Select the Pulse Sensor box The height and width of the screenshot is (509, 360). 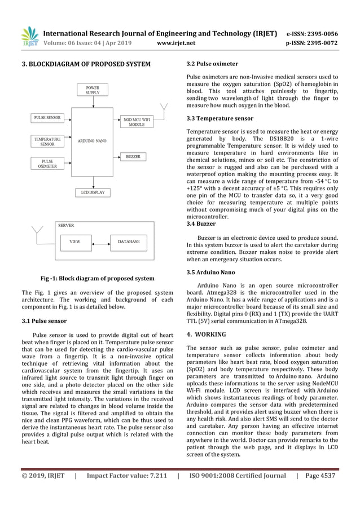(x=47, y=119)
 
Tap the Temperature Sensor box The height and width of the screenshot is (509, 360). (x=47, y=141)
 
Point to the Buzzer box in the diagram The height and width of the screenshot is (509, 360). (x=133, y=156)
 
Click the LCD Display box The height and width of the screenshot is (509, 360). (x=93, y=193)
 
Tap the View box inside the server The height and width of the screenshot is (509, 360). (x=74, y=242)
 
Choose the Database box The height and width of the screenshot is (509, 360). (x=128, y=242)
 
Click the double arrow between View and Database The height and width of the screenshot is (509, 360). (x=99, y=242)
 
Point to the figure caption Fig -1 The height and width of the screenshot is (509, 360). (x=97, y=278)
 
